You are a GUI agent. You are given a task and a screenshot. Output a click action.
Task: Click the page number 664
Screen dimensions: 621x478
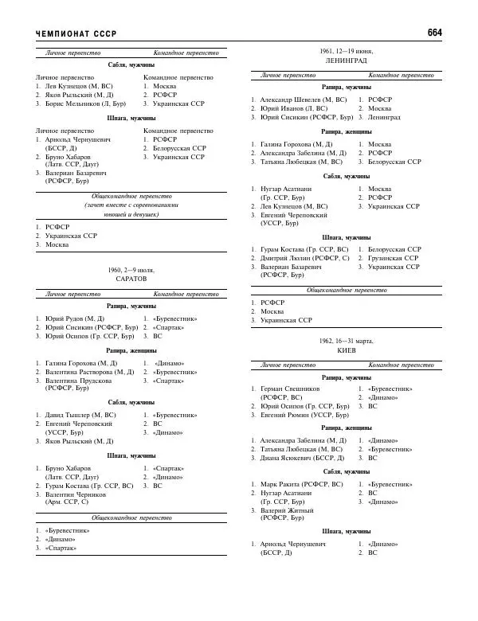coord(434,33)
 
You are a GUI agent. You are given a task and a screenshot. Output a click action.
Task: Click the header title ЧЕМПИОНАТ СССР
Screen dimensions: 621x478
coord(76,33)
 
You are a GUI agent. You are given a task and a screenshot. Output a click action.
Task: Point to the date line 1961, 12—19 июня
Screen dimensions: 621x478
coord(347,51)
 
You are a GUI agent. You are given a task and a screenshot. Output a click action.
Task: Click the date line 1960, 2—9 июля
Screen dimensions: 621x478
coord(131,271)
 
